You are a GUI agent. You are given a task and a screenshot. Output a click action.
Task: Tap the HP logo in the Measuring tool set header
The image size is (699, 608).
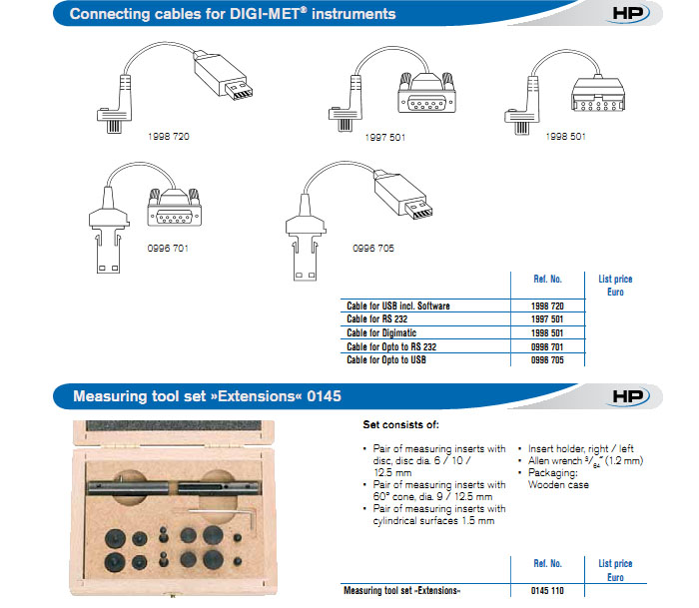631,396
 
